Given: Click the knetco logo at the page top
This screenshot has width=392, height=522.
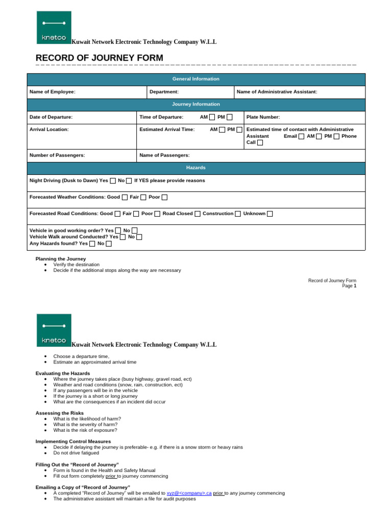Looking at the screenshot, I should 54,28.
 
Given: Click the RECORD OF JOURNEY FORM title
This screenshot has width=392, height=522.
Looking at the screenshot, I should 100,58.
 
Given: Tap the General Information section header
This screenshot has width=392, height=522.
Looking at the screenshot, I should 196,79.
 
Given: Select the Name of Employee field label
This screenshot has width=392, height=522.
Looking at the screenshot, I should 53,92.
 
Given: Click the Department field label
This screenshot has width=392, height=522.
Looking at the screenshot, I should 164,92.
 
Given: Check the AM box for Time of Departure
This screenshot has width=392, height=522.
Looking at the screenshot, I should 212,117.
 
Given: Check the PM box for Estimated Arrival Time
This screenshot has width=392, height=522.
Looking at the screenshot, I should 239,130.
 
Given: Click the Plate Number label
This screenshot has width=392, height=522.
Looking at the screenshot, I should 263,117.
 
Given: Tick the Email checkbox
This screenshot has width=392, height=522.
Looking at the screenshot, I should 302,137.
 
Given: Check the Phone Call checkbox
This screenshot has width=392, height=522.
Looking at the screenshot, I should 260,143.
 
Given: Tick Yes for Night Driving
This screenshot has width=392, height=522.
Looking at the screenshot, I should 113,181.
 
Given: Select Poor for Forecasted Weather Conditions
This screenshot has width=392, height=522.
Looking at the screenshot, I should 164,197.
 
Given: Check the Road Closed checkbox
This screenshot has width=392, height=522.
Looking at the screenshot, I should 198,214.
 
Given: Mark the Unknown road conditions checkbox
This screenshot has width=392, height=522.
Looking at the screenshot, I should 270,214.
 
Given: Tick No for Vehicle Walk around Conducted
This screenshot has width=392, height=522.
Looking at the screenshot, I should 139,237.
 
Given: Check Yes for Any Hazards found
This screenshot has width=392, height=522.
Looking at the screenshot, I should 92,244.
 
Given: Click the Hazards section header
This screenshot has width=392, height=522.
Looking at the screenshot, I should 196,168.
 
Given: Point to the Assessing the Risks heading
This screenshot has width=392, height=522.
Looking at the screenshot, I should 60,413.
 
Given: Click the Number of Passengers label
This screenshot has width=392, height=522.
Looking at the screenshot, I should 57,155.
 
